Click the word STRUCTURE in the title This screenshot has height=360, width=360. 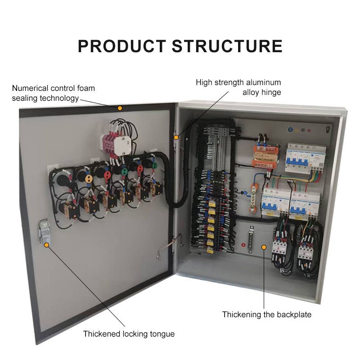pos(227,46)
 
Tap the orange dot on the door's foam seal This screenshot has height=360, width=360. pos(120,108)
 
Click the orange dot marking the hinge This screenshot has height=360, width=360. pos(176,137)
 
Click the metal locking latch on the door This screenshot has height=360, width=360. pos(43,231)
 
